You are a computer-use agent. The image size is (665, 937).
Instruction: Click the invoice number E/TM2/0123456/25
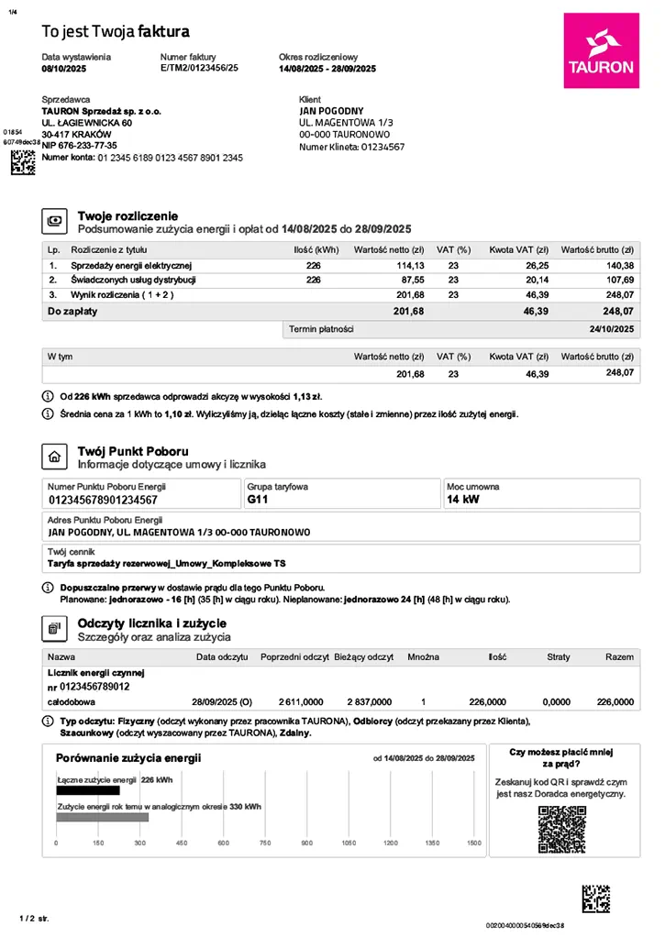199,69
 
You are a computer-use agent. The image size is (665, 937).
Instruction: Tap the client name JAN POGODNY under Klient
331,110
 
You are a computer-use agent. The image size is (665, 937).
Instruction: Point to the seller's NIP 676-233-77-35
80,146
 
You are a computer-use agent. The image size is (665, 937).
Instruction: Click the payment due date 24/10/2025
612,328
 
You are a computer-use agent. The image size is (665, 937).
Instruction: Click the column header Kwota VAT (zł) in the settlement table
518,249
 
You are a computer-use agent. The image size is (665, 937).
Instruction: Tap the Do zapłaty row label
72,312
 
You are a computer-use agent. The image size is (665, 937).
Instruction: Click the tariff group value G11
260,501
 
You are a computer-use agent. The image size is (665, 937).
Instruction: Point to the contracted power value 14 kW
462,501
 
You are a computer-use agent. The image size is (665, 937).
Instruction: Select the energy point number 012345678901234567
103,501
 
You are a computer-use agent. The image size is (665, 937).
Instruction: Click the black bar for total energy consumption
88,790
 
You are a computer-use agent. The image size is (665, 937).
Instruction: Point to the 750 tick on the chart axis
265,843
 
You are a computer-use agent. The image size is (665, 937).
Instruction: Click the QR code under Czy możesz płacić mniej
561,829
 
